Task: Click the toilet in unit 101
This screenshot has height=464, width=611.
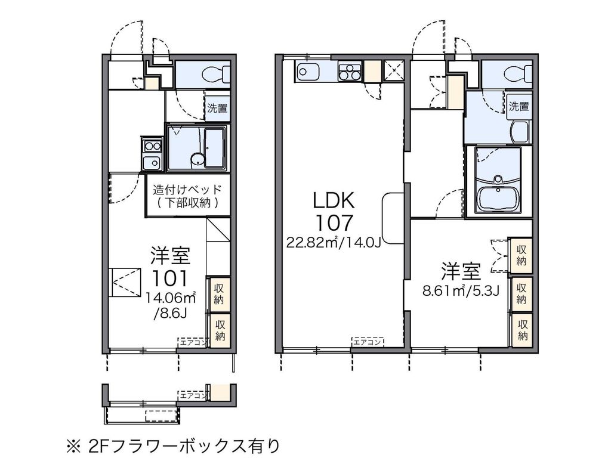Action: click(215, 75)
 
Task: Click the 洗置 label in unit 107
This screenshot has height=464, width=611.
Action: click(519, 107)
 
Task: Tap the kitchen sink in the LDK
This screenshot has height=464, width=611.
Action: click(308, 72)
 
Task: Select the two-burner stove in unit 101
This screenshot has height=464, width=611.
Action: click(151, 145)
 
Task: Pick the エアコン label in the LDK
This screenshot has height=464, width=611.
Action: click(368, 342)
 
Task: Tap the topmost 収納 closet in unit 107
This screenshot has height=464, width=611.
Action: click(521, 255)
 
